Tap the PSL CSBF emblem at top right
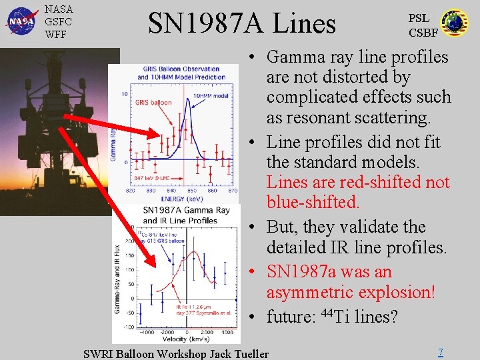(455, 23)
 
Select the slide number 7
(440, 351)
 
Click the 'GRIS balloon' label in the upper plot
(153, 103)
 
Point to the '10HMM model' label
(211, 95)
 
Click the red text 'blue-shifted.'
(313, 202)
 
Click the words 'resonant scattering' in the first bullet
(347, 117)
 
